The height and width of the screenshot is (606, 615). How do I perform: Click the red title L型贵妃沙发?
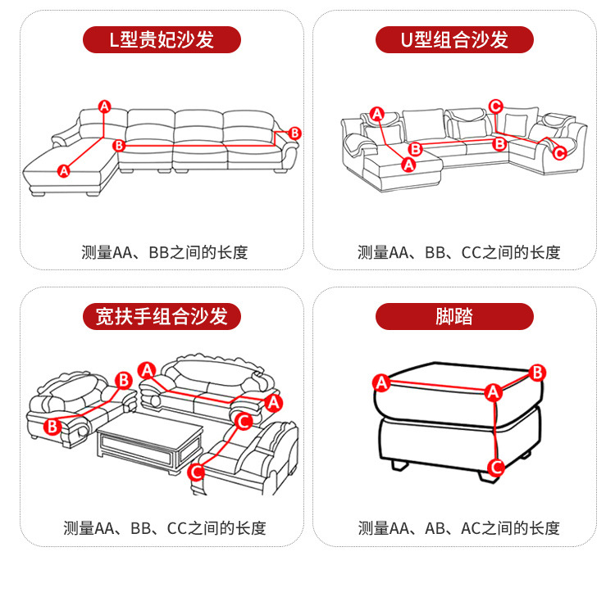pos(162,40)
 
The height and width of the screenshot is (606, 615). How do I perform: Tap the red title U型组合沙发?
pos(454,40)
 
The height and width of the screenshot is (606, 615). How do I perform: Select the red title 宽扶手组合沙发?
pos(162,316)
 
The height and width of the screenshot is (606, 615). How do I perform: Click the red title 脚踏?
pos(454,316)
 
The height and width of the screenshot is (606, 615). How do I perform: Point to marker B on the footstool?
pos(537,373)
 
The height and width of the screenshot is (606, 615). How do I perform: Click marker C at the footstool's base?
pos(494,468)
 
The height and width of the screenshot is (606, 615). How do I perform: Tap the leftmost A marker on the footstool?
pos(380,382)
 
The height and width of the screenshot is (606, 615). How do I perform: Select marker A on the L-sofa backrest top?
pos(104,106)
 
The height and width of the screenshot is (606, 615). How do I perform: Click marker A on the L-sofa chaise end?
pos(64,170)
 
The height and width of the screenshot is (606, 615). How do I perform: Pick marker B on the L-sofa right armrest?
pos(295,133)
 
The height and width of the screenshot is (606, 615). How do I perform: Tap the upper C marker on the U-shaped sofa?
pos(495,106)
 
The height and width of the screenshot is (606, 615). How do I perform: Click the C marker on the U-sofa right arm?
pos(559,153)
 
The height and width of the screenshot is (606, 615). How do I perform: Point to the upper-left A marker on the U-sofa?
pos(376,114)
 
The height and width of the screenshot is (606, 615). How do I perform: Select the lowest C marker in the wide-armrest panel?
pos(196,472)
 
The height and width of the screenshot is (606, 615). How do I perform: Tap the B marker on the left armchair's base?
pos(52,426)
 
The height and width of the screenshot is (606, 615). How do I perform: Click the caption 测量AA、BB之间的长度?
pos(164,252)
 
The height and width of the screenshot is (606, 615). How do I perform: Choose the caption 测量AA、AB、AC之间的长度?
pos(458,528)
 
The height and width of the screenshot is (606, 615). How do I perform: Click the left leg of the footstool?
pos(400,464)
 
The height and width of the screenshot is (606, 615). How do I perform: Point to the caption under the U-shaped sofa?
pos(458,252)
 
